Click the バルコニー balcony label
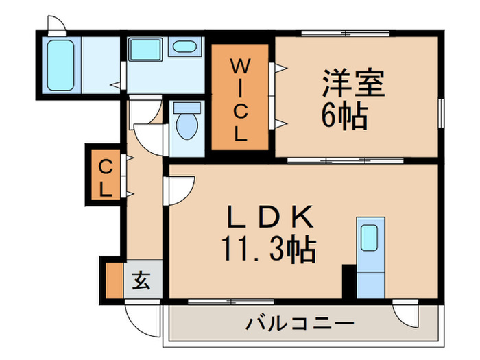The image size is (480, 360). pyautogui.click(x=300, y=323)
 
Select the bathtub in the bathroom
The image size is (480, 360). pyautogui.click(x=61, y=63)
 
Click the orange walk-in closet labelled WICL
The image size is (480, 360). pyautogui.click(x=238, y=99)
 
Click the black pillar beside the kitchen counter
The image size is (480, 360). pyautogui.click(x=349, y=281)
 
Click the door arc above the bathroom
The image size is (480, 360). pyautogui.click(x=57, y=23)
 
